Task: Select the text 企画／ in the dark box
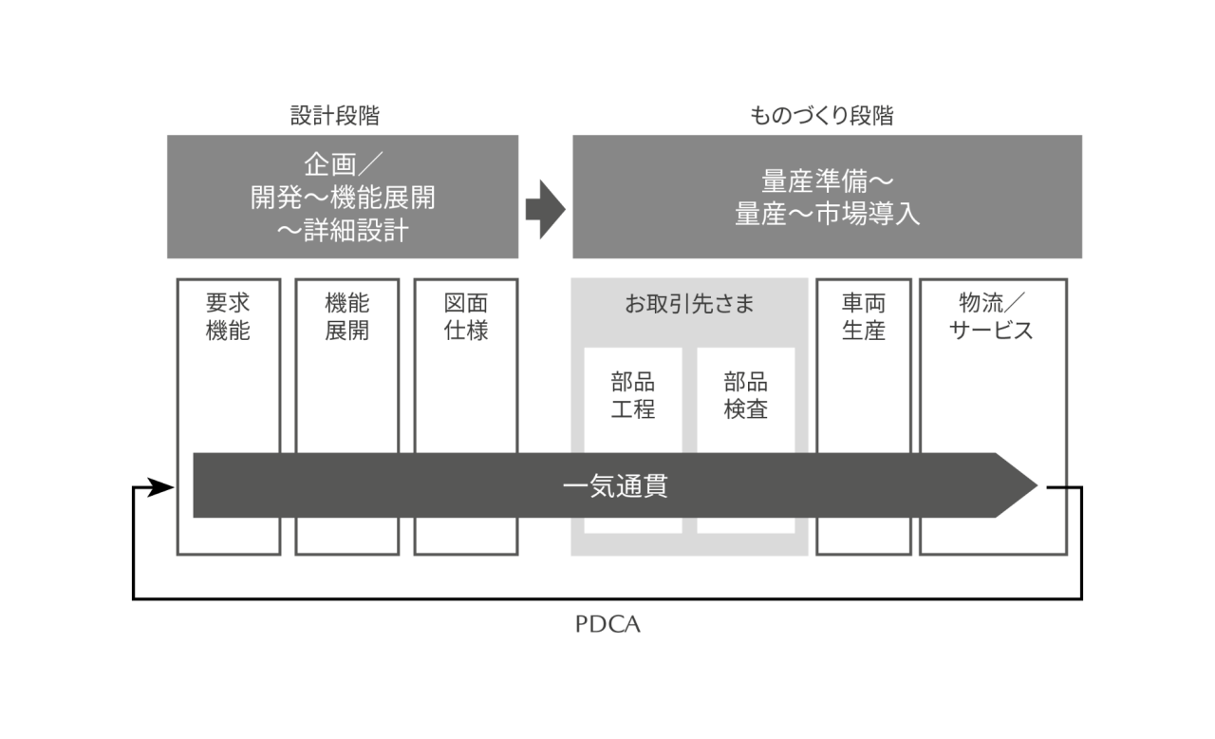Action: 343,164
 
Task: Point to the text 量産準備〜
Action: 827,180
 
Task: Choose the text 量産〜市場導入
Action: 827,214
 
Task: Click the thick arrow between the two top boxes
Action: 545,208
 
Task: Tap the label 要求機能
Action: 229,317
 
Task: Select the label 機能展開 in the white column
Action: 346,317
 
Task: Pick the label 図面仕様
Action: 466,317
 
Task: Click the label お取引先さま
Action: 689,305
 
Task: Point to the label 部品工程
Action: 633,396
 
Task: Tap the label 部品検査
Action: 746,396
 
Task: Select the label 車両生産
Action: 864,317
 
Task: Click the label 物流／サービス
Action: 993,317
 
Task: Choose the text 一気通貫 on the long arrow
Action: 615,486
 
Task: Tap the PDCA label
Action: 607,626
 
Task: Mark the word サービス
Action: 993,332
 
